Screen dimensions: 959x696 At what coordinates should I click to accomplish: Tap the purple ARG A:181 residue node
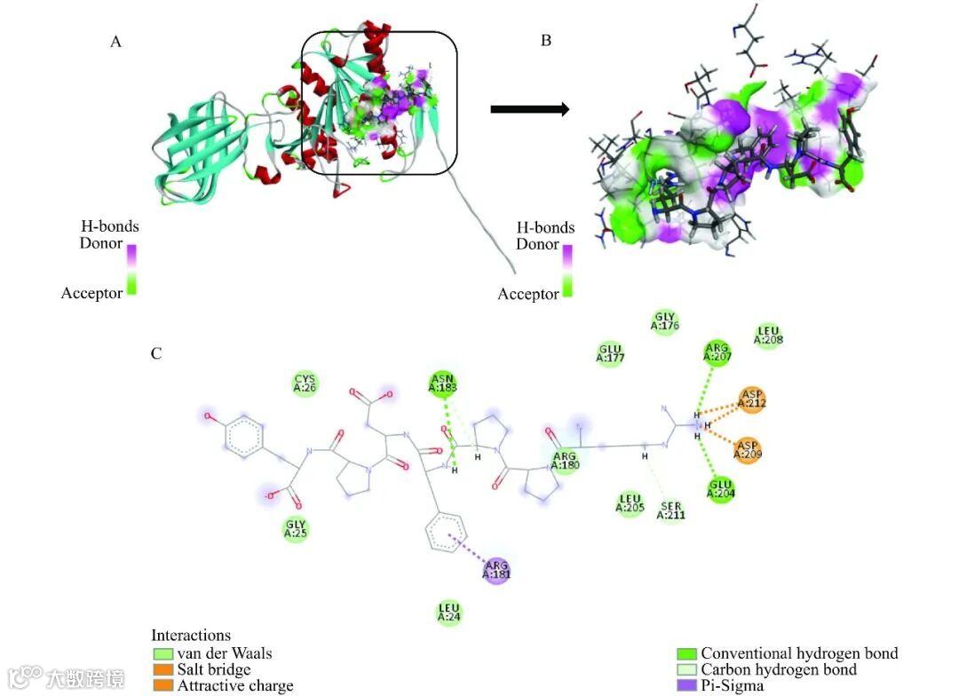(495, 569)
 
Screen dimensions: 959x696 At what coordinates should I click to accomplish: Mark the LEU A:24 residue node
(449, 613)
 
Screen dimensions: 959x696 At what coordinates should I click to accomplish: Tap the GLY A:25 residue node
(297, 529)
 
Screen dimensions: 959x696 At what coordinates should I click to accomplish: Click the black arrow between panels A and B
(529, 109)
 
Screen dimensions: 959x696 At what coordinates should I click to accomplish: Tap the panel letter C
(156, 353)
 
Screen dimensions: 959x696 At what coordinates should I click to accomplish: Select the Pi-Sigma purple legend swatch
(686, 685)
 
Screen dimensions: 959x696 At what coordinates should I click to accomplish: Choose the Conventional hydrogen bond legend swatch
(686, 653)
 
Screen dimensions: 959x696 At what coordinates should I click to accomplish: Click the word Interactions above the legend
(191, 636)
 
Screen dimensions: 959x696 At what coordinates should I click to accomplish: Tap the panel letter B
(546, 41)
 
